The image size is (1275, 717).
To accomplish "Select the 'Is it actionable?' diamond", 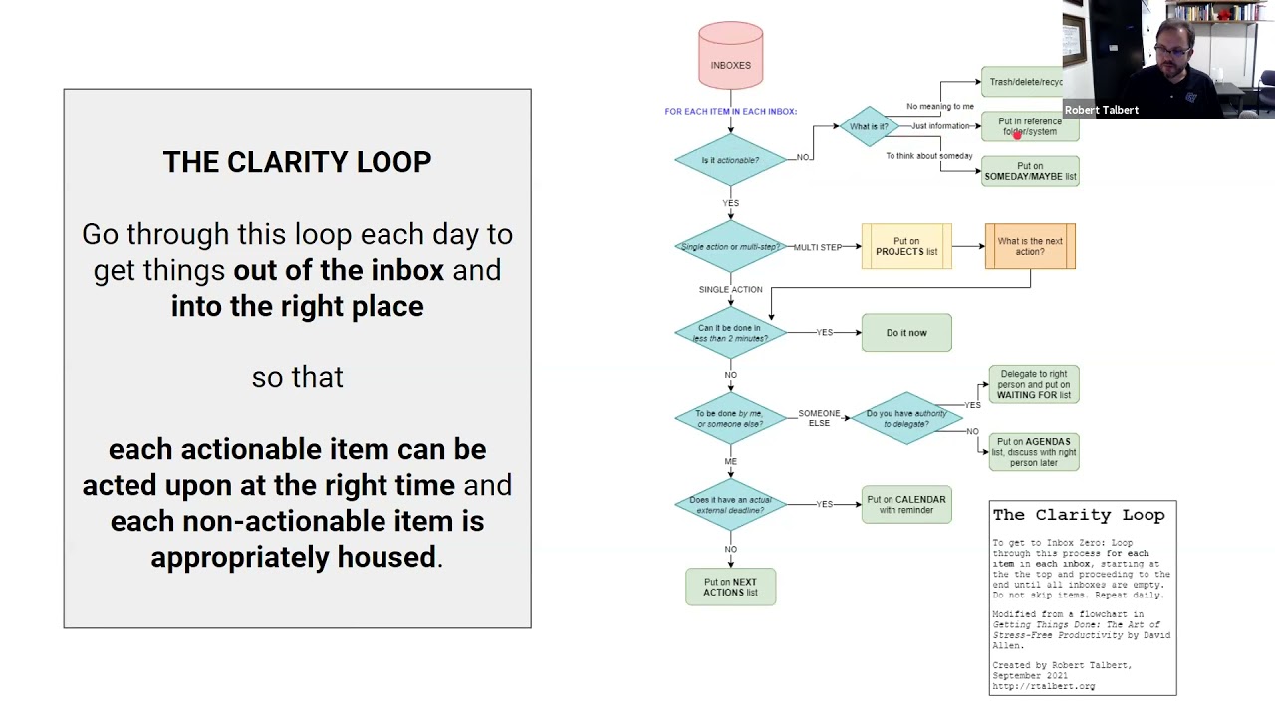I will click(x=730, y=159).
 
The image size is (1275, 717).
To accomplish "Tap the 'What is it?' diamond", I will click(x=869, y=126).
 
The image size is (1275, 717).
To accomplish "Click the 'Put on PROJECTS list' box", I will click(x=906, y=246).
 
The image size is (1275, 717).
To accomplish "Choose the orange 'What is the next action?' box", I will click(x=1030, y=246).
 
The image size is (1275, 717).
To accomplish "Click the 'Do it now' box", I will click(x=906, y=333).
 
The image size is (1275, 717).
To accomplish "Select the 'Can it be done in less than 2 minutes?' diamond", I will click(x=730, y=333).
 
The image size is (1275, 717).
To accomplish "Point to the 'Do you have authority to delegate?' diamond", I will click(x=906, y=418).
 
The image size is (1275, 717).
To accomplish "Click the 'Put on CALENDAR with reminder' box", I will click(x=906, y=505).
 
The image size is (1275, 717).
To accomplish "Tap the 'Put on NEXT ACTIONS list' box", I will click(x=730, y=587).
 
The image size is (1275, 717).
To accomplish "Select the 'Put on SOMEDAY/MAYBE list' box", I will click(x=1030, y=171).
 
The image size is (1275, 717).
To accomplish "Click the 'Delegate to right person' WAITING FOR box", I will click(x=1034, y=385).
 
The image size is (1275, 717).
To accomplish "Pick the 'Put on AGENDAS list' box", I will click(x=1034, y=452).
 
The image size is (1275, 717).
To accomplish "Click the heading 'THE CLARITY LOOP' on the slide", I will click(x=297, y=162).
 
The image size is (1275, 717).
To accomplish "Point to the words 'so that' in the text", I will click(x=297, y=377).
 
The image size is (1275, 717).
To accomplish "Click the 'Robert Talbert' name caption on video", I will click(x=1102, y=110).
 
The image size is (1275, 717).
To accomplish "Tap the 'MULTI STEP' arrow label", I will click(x=818, y=247).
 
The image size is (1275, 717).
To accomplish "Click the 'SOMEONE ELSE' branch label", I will click(x=819, y=418).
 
